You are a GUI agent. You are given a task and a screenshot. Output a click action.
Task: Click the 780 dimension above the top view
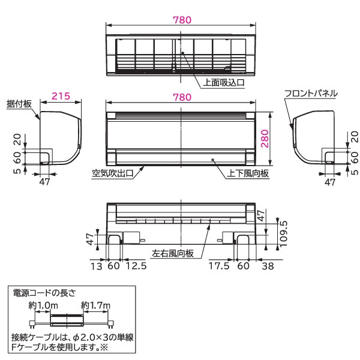[x=181, y=20]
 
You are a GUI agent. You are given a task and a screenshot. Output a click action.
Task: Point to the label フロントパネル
[x=311, y=94]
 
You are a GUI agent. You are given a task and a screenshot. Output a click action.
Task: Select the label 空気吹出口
[x=112, y=174]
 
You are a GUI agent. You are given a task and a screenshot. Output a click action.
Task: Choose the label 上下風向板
[x=247, y=174]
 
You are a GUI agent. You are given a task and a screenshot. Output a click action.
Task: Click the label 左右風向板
[x=173, y=253]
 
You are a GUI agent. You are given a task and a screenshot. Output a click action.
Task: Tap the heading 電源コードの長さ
[x=44, y=293]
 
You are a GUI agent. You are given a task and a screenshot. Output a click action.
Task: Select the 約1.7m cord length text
[x=95, y=305]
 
